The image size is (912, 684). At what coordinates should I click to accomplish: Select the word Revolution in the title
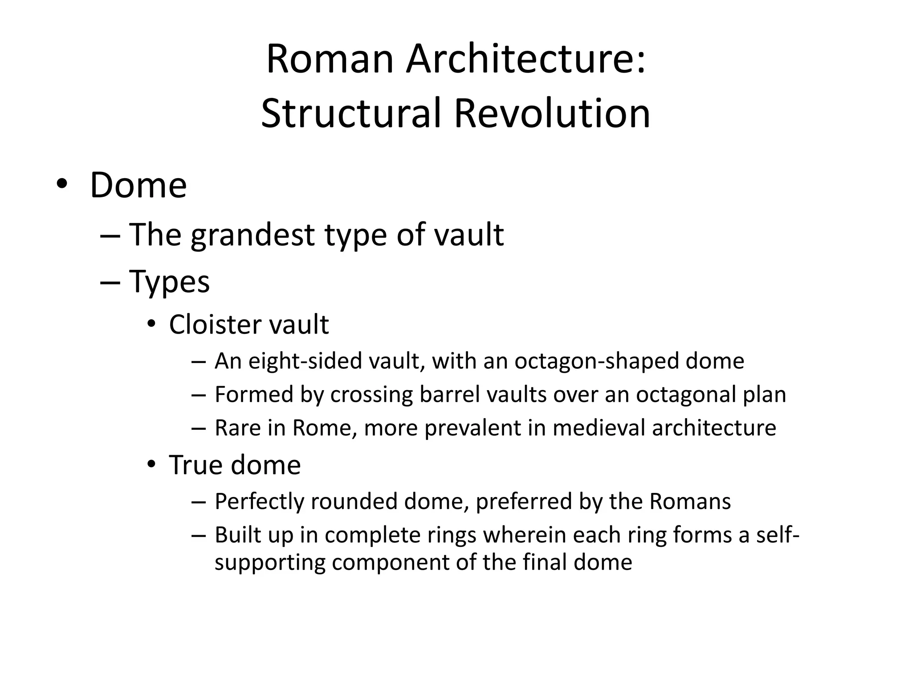click(x=552, y=114)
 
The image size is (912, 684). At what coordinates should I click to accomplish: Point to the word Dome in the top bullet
click(x=138, y=185)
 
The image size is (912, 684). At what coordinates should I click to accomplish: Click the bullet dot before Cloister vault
click(x=151, y=325)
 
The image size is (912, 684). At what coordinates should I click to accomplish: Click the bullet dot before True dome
click(x=151, y=465)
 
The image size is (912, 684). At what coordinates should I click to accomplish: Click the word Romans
click(x=690, y=502)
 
